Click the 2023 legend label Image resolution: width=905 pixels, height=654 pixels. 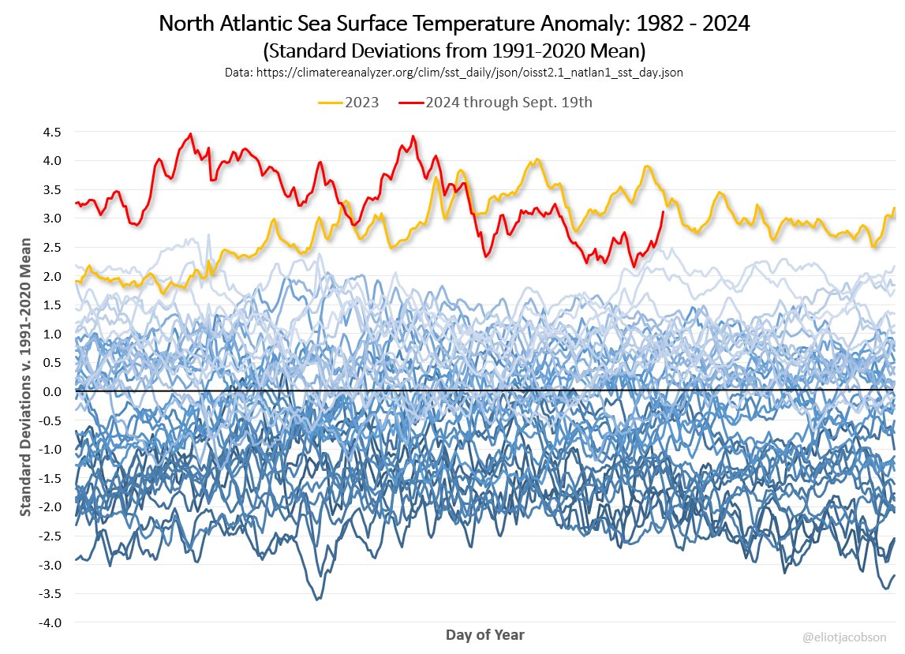coord(361,103)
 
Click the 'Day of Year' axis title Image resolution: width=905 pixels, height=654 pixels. coord(484,634)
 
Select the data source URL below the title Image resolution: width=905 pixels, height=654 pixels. coord(453,73)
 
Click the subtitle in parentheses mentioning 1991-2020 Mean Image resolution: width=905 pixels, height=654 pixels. coord(453,51)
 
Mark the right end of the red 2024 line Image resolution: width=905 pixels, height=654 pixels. coord(663,211)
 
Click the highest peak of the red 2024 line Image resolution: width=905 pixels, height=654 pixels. coord(191,134)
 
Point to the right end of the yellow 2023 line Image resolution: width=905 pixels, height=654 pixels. coord(894,208)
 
